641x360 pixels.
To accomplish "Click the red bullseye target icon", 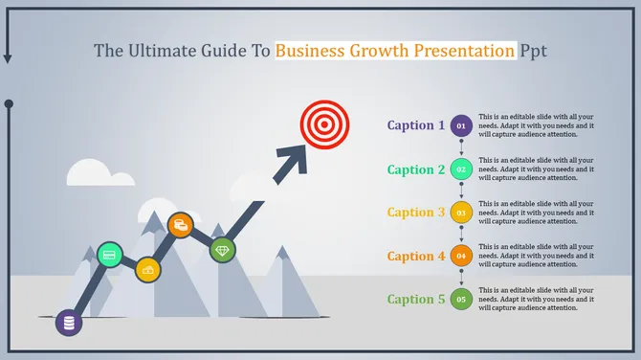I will click(320, 124).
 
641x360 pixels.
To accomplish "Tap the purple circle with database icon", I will click(69, 323).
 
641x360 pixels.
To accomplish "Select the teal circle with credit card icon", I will click(110, 255).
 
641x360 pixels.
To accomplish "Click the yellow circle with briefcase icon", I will click(147, 271).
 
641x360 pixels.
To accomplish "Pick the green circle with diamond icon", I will click(223, 250).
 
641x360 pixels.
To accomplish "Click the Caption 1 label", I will click(415, 125).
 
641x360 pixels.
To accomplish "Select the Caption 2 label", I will click(415, 169).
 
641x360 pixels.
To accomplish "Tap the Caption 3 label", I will click(415, 213).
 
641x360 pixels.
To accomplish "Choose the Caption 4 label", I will click(415, 256).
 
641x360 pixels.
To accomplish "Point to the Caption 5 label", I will click(415, 300).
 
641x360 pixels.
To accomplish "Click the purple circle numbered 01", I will click(461, 125).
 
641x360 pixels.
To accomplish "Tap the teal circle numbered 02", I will click(461, 169).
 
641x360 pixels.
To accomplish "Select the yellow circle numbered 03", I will click(461, 213).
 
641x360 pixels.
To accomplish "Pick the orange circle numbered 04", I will click(461, 256).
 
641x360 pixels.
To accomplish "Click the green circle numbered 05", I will click(461, 300).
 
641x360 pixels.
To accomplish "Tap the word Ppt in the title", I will click(533, 50).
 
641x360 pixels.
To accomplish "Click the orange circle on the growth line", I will click(180, 225).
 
